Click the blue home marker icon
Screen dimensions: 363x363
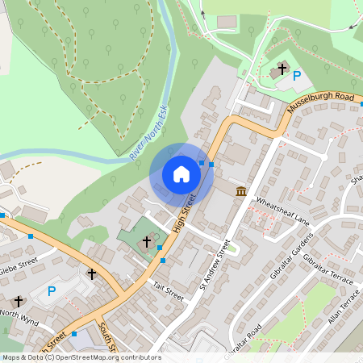[181, 174]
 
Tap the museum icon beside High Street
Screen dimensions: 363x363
[241, 191]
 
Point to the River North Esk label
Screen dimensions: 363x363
[148, 131]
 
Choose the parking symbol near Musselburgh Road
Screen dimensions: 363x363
[297, 76]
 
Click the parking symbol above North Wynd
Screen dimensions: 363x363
[52, 291]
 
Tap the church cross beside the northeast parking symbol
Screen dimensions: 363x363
[282, 69]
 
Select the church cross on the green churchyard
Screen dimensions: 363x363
[148, 240]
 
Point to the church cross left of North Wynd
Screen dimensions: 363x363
[19, 301]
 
